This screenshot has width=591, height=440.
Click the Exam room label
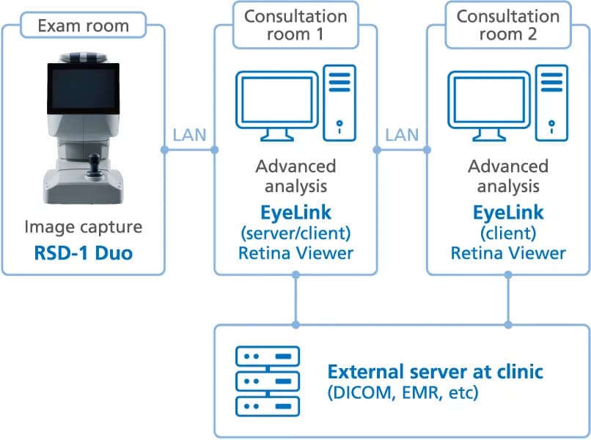tap(84, 26)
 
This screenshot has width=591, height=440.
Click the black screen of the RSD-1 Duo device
tap(84, 89)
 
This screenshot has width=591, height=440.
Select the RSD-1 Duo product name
tap(84, 252)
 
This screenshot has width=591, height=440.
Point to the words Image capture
tap(84, 227)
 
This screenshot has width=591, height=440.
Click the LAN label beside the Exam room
tap(189, 135)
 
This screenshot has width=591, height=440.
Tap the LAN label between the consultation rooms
tap(402, 135)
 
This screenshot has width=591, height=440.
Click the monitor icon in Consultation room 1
tap(277, 106)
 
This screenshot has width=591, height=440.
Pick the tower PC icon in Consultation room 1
tap(339, 103)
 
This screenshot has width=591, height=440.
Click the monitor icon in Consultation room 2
tap(489, 106)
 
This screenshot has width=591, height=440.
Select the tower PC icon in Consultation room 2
tap(552, 103)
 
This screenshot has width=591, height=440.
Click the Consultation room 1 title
tap(295, 25)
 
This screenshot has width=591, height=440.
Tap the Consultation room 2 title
tap(508, 25)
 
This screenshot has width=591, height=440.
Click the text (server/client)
tap(295, 233)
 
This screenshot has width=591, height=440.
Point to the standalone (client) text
tap(508, 233)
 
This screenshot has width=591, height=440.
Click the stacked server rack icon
tap(268, 381)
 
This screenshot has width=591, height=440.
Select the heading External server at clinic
tap(435, 372)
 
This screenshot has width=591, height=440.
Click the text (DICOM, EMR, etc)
tap(403, 392)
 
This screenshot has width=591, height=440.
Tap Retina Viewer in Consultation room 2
tap(508, 253)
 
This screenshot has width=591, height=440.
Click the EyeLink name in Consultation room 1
tap(295, 213)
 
